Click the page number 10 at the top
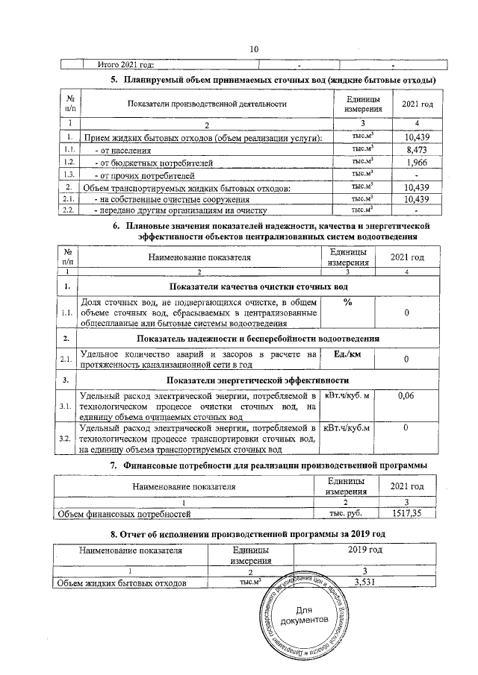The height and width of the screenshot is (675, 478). coord(253,49)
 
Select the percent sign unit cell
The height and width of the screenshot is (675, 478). coord(347,301)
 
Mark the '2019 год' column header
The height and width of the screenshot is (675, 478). coord(366,550)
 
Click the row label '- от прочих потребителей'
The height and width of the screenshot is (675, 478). coord(140,175)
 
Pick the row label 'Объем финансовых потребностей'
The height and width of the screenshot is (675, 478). coord(125,513)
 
